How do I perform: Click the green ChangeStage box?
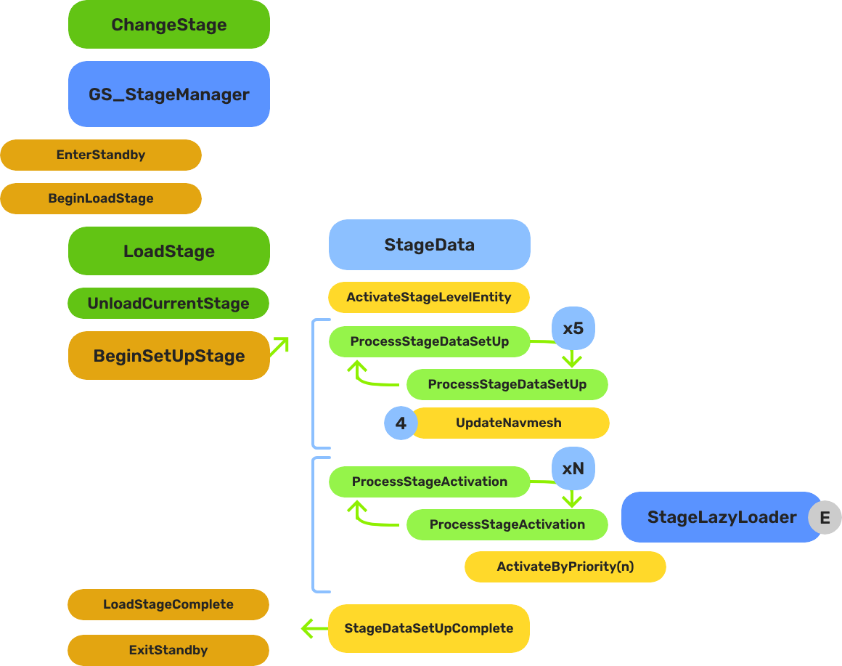(x=168, y=25)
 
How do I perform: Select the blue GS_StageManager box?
(x=168, y=94)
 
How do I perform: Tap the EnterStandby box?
(x=101, y=155)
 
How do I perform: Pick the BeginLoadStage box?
(x=101, y=198)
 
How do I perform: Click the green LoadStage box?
(x=168, y=251)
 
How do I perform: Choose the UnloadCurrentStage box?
(x=168, y=304)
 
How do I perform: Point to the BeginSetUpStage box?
(x=168, y=356)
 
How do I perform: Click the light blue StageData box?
(x=429, y=245)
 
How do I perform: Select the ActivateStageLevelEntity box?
(x=429, y=297)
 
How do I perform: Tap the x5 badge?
(x=573, y=328)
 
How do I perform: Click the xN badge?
(x=573, y=468)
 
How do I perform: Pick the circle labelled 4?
(x=401, y=423)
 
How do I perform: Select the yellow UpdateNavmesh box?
(x=510, y=423)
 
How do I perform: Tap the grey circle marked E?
(x=825, y=518)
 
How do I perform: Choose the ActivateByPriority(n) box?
(x=565, y=566)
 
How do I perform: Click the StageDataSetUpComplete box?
(x=429, y=628)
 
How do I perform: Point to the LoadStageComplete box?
(x=168, y=604)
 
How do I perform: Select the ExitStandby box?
(x=168, y=650)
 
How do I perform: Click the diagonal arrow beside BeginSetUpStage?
(x=279, y=346)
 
